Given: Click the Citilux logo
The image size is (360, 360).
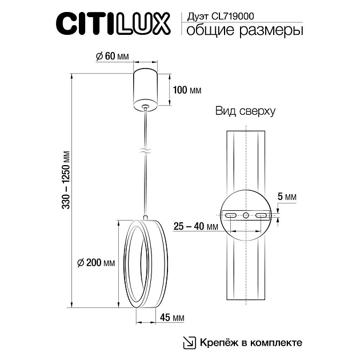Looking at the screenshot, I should click(112, 25).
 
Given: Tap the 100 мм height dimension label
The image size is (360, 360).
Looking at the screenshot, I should click(187, 90).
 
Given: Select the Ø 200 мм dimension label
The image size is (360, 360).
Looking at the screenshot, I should click(95, 263).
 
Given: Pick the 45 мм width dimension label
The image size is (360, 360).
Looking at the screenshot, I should click(172, 317).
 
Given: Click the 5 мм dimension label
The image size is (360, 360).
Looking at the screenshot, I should click(290, 197).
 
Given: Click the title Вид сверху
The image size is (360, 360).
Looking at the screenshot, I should click(245, 111).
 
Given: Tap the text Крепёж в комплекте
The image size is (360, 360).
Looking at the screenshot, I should click(250, 343).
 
